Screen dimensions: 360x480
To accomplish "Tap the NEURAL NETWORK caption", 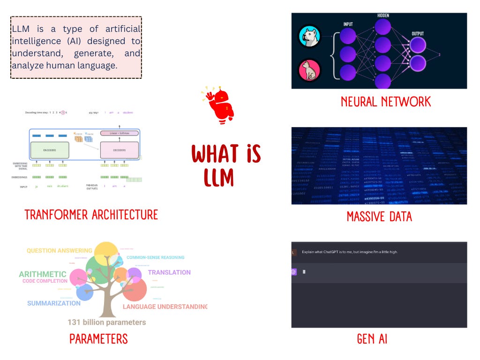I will tap(386, 102).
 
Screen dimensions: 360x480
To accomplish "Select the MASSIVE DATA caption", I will tap(379, 217).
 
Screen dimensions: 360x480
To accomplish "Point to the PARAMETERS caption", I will tap(98, 339).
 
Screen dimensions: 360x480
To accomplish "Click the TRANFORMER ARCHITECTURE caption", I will tap(91, 215).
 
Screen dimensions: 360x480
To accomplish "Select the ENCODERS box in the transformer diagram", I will tap(49, 150).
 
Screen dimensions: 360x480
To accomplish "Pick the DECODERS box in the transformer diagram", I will tap(120, 150).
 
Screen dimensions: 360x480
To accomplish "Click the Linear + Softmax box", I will tap(120, 133).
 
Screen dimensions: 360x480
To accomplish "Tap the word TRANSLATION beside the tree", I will tap(169, 272).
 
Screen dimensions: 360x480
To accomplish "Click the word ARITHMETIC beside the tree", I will tap(43, 274).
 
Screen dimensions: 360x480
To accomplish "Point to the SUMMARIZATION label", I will tap(54, 303).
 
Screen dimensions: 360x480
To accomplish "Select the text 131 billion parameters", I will tap(107, 322).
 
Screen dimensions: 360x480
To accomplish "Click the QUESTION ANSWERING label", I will tap(60, 251).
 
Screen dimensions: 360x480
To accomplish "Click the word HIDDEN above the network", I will tap(382, 16).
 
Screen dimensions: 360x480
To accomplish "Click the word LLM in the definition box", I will tap(20, 29).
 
